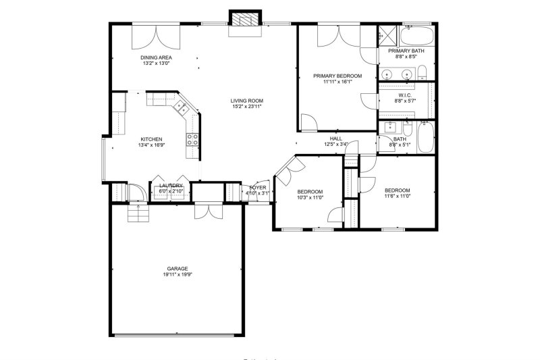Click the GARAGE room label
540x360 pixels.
click(178, 269)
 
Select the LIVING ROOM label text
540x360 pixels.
click(246, 100)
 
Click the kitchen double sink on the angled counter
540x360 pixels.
click(180, 106)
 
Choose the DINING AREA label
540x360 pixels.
click(155, 58)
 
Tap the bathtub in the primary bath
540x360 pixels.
click(417, 34)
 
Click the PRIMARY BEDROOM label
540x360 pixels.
click(337, 76)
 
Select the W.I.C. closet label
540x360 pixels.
click(405, 95)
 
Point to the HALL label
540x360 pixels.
click(335, 138)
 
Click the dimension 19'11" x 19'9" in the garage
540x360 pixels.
click(178, 275)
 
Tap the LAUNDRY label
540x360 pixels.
click(171, 186)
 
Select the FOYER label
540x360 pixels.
click(259, 188)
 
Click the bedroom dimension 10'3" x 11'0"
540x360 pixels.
click(310, 197)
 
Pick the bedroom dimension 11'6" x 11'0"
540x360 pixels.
click(397, 197)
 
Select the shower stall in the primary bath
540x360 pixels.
click(387, 34)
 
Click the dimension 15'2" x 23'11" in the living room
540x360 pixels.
click(246, 106)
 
